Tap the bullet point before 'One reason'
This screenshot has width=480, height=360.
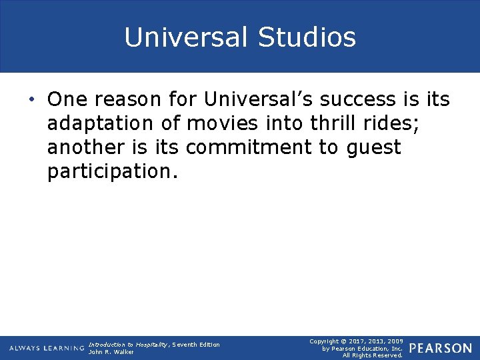point(32,100)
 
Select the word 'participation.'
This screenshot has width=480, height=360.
point(113,172)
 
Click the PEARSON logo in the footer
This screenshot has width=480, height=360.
point(441,349)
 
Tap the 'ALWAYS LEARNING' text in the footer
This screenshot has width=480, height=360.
point(47,349)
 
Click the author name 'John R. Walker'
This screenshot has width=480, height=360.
point(111,352)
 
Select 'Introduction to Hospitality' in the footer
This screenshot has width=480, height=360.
point(128,344)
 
